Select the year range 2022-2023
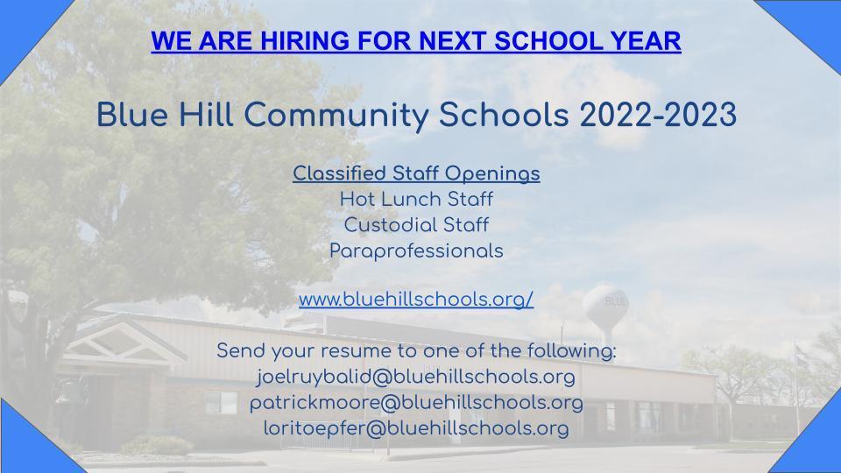pyautogui.click(x=658, y=115)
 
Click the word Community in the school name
pyautogui.click(x=336, y=116)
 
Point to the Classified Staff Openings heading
pyautogui.click(x=416, y=173)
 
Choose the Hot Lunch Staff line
pyautogui.click(x=416, y=200)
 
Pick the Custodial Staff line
pyautogui.click(x=416, y=225)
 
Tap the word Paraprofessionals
pyautogui.click(x=416, y=251)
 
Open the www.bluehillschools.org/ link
pyautogui.click(x=416, y=300)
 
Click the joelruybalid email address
pyautogui.click(x=416, y=377)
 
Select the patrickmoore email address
pyautogui.click(x=416, y=403)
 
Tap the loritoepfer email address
pyautogui.click(x=416, y=428)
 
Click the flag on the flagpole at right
pyautogui.click(x=802, y=357)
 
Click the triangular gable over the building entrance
pyautogui.click(x=124, y=342)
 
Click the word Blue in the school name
pyautogui.click(x=132, y=115)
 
